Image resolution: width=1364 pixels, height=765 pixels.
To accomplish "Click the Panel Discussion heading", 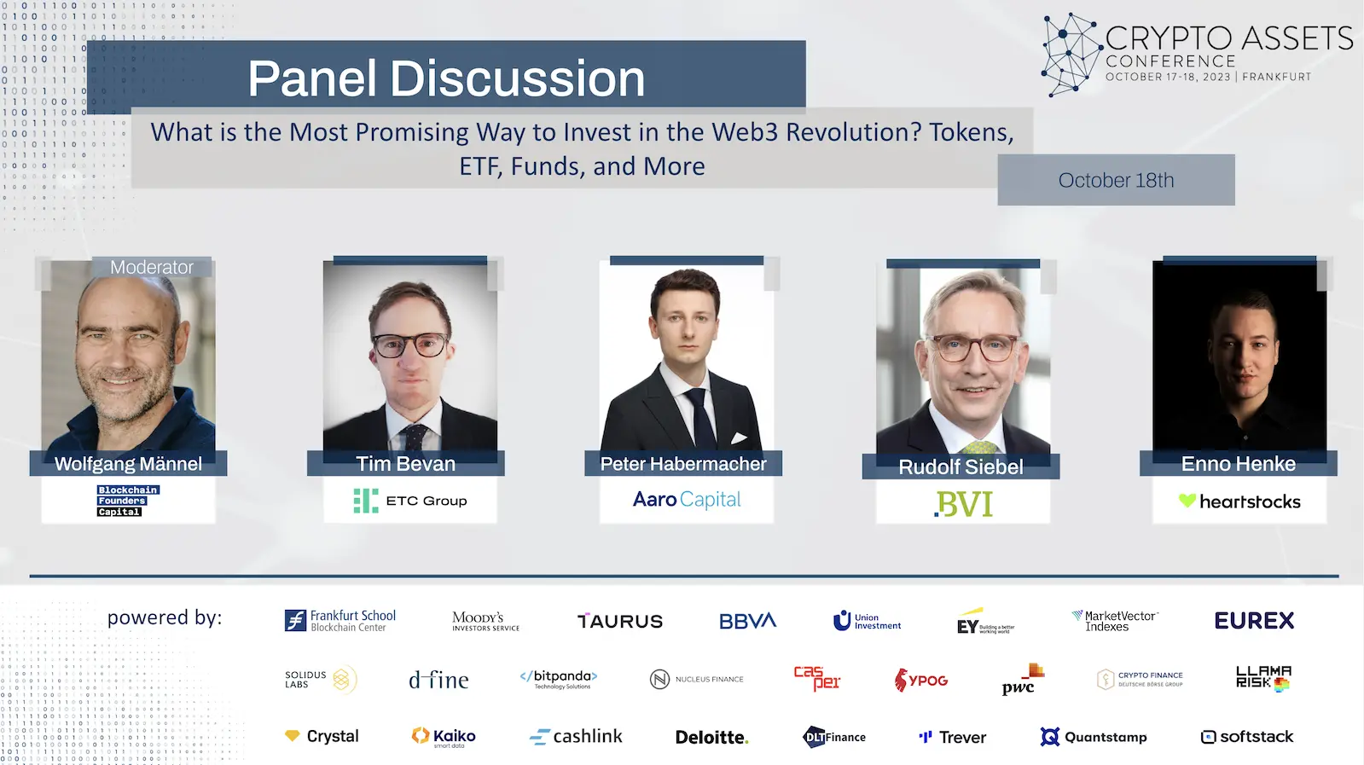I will (x=446, y=78).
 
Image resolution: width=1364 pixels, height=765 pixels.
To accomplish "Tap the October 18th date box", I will (x=1116, y=180).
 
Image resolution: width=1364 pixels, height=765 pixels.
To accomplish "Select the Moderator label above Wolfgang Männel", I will (x=152, y=267).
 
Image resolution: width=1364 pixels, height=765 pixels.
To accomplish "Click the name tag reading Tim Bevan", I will (x=405, y=464).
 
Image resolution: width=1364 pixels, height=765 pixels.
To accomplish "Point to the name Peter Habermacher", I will (x=683, y=464).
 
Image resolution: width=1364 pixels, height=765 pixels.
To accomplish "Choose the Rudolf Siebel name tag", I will (x=961, y=467).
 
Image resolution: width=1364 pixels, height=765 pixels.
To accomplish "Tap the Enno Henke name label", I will (x=1238, y=464).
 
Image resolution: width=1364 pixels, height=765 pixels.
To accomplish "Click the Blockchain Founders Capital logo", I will (x=128, y=501).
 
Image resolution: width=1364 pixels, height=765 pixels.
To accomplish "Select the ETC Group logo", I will (x=410, y=501).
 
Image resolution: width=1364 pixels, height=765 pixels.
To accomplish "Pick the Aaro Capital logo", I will (x=687, y=500).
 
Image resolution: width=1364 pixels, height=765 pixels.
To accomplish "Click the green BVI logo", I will (x=964, y=504).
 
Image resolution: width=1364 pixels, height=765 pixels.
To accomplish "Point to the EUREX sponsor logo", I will (x=1254, y=621).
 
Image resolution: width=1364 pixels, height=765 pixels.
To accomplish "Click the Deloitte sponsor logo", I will (x=711, y=738).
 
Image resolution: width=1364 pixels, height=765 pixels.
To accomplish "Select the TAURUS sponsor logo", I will (x=620, y=622).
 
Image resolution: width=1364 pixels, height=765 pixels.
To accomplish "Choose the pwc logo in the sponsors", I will (x=1022, y=681).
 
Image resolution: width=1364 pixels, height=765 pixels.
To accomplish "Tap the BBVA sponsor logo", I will (x=747, y=622).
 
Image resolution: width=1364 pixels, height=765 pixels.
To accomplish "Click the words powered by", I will (x=165, y=617).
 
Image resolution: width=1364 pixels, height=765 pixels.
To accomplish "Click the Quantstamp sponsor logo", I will (x=1094, y=737).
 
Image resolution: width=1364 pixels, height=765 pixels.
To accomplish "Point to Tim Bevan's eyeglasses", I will (x=410, y=345).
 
